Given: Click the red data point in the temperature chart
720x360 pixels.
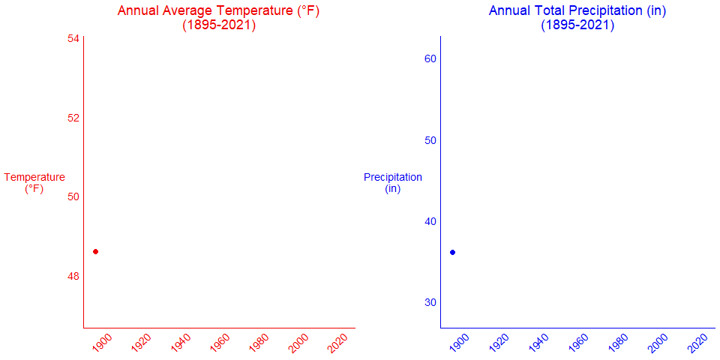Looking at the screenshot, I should (95, 251).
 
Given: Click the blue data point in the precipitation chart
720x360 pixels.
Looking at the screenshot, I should (452, 252).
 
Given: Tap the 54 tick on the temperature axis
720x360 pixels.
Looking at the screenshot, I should (73, 38).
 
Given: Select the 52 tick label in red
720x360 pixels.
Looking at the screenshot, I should (73, 118).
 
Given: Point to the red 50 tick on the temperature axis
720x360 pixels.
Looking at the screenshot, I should (73, 196).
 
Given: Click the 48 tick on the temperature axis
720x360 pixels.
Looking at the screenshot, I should (73, 276).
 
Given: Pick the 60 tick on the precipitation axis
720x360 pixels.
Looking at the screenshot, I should (430, 58).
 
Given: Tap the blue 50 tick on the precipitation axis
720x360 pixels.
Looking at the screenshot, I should (430, 140).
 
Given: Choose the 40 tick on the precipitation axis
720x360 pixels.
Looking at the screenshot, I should (430, 221).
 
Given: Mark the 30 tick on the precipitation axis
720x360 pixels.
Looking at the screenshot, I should (430, 302).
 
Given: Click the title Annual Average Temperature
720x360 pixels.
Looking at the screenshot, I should (219, 18).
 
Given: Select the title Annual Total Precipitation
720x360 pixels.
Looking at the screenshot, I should (577, 18).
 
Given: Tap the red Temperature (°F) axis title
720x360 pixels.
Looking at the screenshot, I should (34, 183).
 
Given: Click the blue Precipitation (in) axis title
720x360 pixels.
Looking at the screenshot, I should (393, 183).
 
